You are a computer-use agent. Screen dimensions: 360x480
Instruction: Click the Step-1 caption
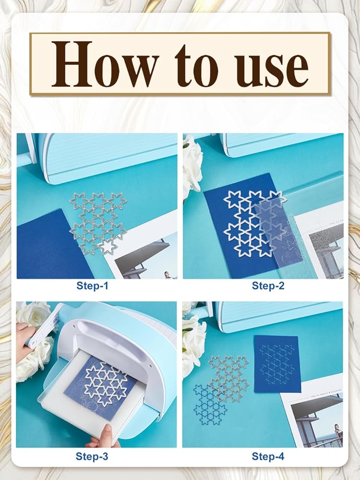(x=92, y=286)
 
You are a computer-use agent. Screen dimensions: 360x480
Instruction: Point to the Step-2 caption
(x=268, y=286)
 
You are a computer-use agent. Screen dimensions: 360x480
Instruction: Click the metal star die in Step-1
(x=98, y=223)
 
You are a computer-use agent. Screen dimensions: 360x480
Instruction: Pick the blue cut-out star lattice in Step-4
(x=207, y=405)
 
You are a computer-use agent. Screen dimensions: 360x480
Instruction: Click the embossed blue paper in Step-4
(x=277, y=364)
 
